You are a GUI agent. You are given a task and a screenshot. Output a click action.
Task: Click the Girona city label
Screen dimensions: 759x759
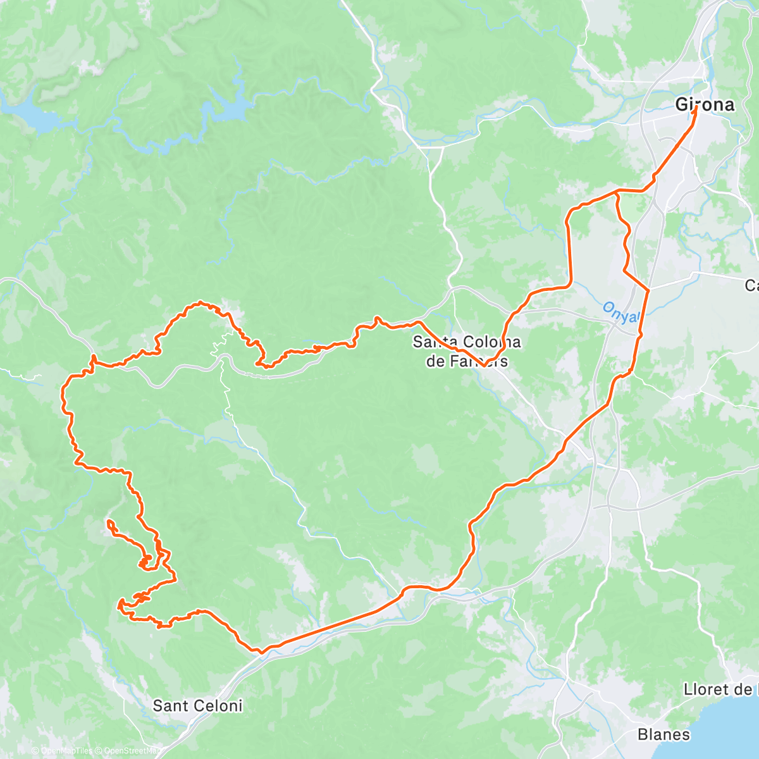click(x=705, y=105)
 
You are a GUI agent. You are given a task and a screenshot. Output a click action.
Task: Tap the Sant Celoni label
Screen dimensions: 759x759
click(x=197, y=705)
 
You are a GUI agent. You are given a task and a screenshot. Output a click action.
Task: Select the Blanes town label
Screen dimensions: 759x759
click(x=663, y=734)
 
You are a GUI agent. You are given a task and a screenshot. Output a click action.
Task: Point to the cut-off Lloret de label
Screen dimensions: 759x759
click(x=720, y=689)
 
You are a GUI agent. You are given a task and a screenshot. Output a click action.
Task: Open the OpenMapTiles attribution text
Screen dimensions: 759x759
click(x=63, y=751)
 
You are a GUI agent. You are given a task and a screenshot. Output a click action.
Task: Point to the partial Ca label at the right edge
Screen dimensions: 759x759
click(x=751, y=286)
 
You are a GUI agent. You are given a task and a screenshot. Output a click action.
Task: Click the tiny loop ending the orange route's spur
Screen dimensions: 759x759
click(x=111, y=523)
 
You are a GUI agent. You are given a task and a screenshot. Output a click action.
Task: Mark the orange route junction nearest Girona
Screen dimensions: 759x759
click(x=617, y=192)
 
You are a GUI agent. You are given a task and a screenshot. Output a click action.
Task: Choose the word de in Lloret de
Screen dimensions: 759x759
click(x=741, y=689)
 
